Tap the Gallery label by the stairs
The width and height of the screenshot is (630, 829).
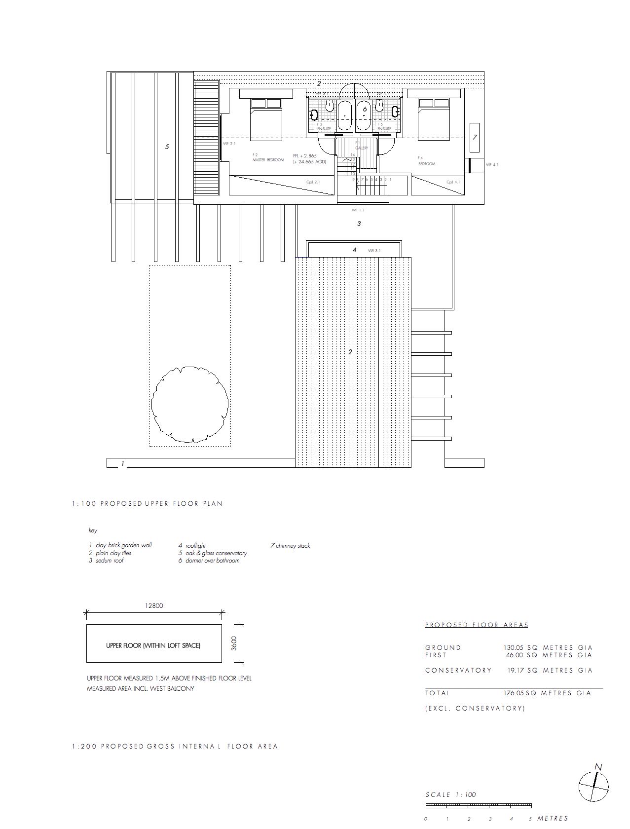tap(362, 148)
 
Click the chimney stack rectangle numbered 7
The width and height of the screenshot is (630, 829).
tap(475, 137)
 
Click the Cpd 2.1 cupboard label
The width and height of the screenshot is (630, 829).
tap(313, 182)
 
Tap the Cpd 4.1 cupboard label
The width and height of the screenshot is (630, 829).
tap(453, 182)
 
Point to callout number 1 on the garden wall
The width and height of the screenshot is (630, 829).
tap(122, 463)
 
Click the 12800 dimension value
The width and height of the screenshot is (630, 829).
tap(154, 606)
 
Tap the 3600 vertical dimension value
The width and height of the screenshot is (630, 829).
tap(234, 643)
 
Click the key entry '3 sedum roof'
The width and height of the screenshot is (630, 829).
tap(106, 561)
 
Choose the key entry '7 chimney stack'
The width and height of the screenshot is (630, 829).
tap(290, 546)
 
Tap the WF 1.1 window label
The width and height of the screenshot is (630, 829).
tap(358, 210)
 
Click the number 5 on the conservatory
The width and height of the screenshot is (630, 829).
tap(167, 147)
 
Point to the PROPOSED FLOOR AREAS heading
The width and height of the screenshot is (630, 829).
tap(477, 625)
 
